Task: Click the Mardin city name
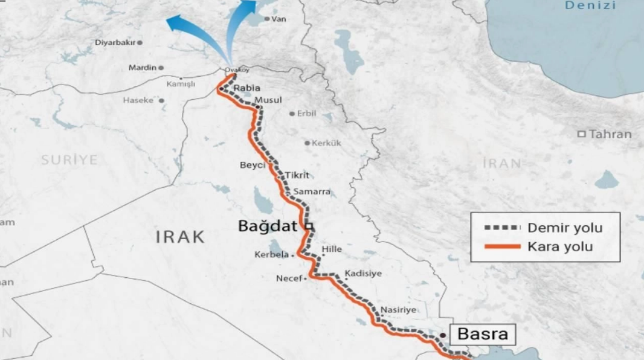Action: pos(142,68)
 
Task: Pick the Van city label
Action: pos(279,19)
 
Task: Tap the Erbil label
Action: pos(306,113)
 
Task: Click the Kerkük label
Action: pos(326,143)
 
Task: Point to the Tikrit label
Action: pos(297,175)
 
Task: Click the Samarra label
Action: pos(312,191)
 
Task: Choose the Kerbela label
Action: pos(271,255)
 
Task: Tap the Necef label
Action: pos(288,278)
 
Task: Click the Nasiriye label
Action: pos(399,309)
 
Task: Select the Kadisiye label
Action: pos(363,274)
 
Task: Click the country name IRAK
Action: pos(181,236)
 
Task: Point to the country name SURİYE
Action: pos(69,159)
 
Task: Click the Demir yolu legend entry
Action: pos(565,228)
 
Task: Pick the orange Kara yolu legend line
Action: pos(501,246)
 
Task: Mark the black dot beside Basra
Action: pos(443,335)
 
